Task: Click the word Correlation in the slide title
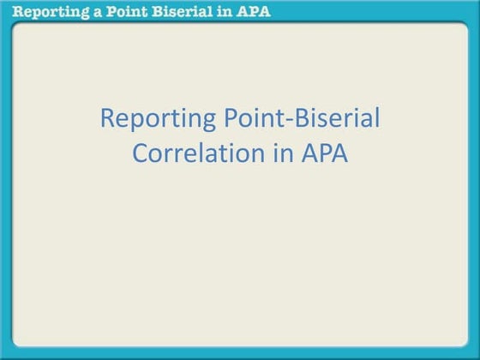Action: (x=199, y=154)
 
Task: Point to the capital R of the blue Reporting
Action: (x=107, y=119)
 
